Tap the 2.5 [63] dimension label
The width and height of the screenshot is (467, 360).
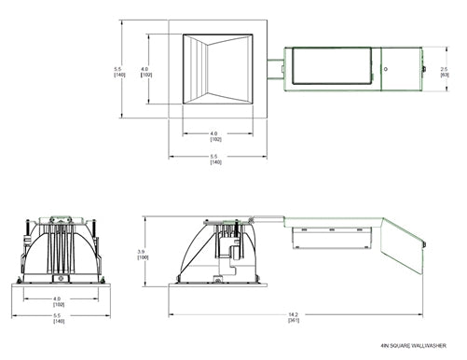coord(445,70)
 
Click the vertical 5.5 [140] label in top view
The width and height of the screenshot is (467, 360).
coord(118,70)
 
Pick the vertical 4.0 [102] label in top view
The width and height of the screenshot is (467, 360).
coord(144,70)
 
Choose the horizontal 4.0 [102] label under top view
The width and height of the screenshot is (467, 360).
coord(214,135)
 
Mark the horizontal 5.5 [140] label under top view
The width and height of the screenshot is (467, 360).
coord(215,159)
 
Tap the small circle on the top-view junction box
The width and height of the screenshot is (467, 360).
coord(386,71)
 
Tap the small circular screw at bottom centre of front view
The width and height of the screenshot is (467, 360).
coord(62,278)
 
